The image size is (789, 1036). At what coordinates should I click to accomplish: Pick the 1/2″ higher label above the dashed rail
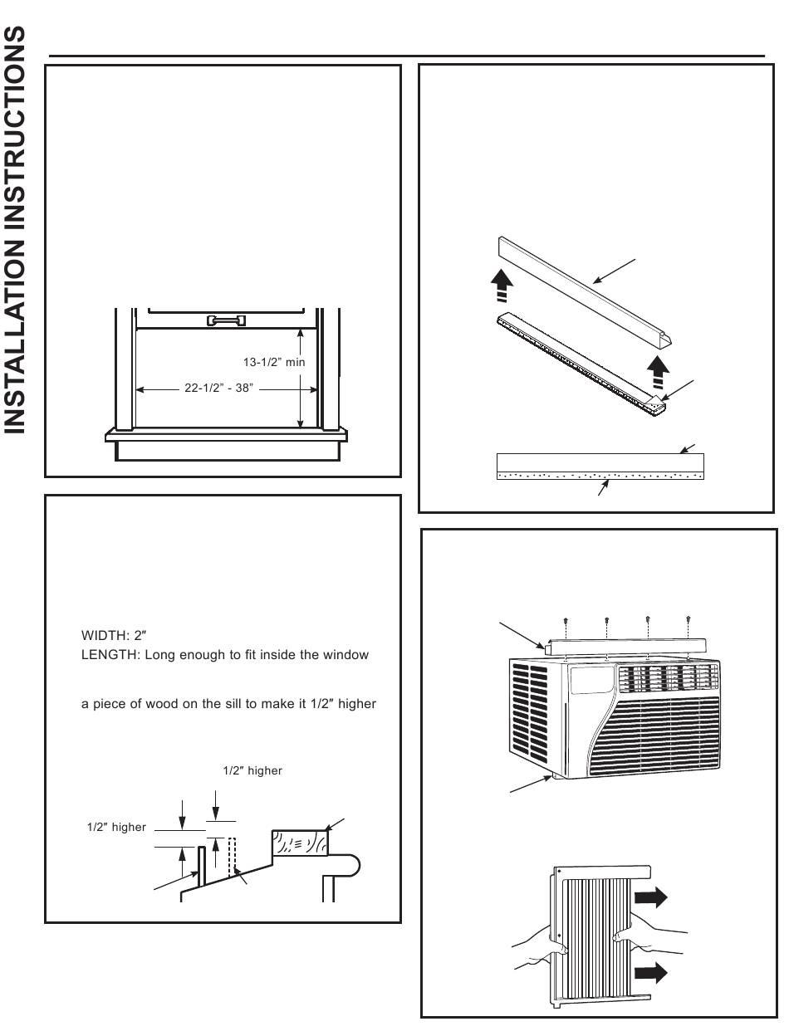(x=252, y=771)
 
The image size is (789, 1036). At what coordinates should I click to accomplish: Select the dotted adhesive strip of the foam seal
(x=600, y=477)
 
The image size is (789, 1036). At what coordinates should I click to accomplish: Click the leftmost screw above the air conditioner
(x=566, y=621)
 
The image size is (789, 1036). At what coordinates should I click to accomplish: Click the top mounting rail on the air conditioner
(x=623, y=644)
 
